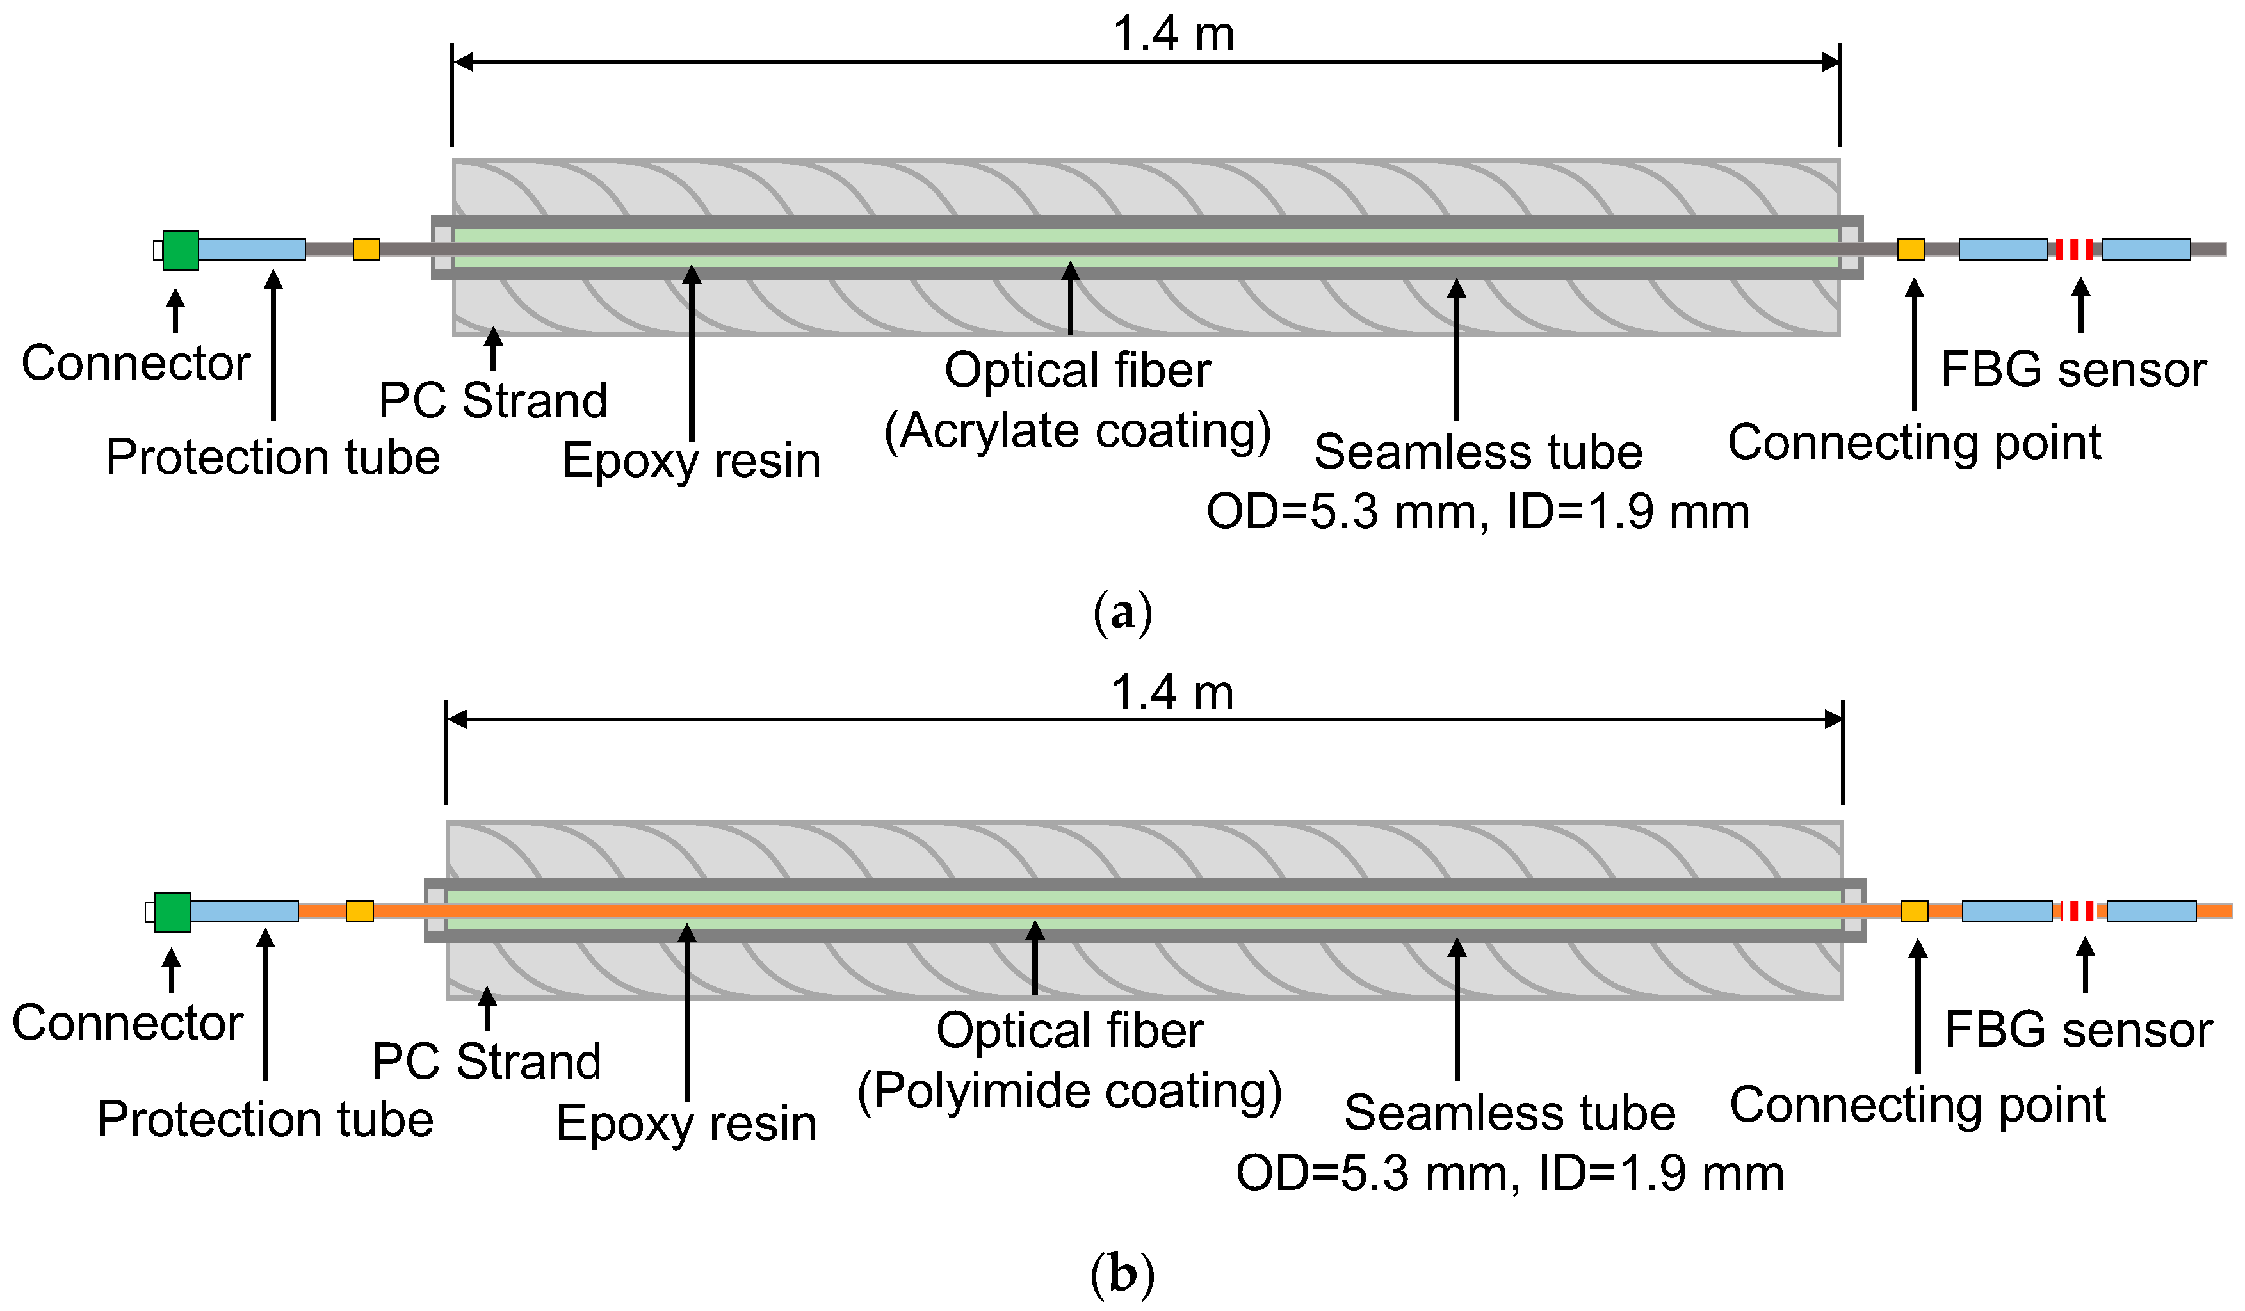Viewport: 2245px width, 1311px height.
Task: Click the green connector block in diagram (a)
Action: (x=180, y=250)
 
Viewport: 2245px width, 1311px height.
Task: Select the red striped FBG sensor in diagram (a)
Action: (x=2074, y=250)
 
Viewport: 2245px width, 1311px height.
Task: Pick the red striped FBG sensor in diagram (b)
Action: (x=2079, y=911)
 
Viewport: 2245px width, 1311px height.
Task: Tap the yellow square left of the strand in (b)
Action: (x=359, y=911)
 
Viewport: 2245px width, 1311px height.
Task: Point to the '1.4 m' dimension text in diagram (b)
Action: (x=1172, y=692)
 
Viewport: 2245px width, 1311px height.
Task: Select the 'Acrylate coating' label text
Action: (x=1077, y=431)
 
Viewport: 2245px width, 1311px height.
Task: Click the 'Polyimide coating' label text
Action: (x=1069, y=1091)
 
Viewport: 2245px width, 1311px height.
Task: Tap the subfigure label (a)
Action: (x=1122, y=613)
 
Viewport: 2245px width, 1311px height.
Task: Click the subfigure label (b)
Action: (x=1122, y=1274)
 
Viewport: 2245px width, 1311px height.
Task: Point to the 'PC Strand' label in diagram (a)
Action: (x=492, y=400)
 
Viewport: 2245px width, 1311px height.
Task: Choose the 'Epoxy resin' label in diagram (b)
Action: (x=686, y=1123)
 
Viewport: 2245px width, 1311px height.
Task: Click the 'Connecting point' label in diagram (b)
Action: (x=1917, y=1106)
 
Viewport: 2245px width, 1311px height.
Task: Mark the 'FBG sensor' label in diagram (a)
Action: (x=2073, y=369)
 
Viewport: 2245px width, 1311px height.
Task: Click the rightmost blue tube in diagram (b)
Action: (x=2151, y=911)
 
